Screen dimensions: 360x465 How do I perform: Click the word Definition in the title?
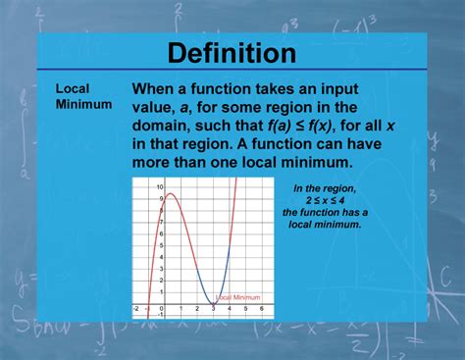232,52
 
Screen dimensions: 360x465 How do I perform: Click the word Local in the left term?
72,88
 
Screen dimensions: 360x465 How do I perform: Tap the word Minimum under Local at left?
83,103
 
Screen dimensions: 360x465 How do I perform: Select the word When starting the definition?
160,88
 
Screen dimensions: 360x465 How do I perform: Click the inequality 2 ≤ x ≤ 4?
326,199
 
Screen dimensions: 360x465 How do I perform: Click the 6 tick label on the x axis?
261,309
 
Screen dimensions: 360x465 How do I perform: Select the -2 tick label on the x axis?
136,309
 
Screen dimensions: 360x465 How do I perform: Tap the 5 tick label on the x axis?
245,309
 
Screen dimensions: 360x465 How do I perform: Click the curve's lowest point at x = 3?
213,302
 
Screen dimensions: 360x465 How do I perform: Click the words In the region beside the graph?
326,187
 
